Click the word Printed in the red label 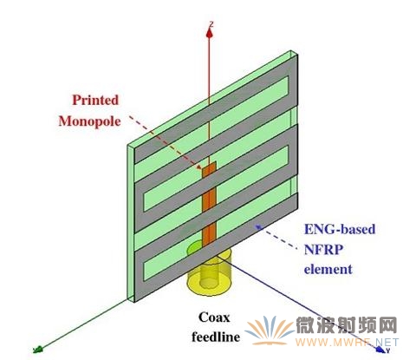[x=95, y=100]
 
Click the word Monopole [x=89, y=121]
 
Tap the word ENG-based [x=340, y=229]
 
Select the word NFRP [x=323, y=249]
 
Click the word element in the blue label [x=328, y=269]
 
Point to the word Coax [x=214, y=317]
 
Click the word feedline [x=216, y=337]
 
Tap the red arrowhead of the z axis [x=210, y=33]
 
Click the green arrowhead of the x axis [x=38, y=350]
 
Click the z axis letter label [x=211, y=23]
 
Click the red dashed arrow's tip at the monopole [x=201, y=168]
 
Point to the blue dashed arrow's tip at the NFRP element [x=257, y=226]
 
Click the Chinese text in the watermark [x=347, y=325]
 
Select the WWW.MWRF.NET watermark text [x=347, y=343]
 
